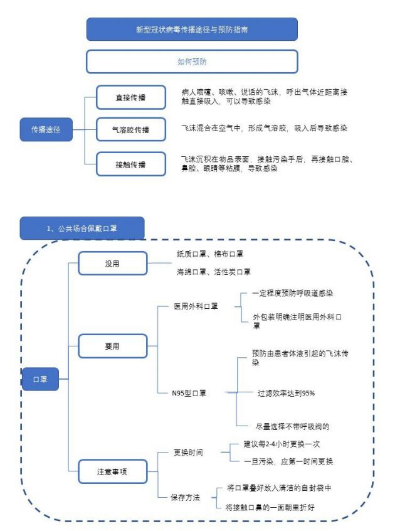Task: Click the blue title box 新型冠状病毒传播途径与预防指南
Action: click(x=192, y=29)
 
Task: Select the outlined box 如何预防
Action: click(x=192, y=62)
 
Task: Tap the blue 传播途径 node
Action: click(x=46, y=129)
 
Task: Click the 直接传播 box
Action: click(x=131, y=97)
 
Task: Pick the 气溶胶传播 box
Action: click(x=131, y=129)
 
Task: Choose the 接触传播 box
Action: click(x=131, y=164)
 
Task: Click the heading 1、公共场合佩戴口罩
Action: click(x=82, y=228)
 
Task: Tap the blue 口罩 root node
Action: click(x=40, y=379)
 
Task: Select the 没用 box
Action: click(x=113, y=264)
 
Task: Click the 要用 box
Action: click(x=113, y=346)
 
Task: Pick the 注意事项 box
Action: click(x=113, y=471)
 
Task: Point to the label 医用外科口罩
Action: click(x=196, y=306)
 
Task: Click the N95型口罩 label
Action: click(x=189, y=393)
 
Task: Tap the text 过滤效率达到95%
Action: click(x=286, y=393)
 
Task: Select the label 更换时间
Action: click(x=188, y=453)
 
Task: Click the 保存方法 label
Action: click(x=186, y=497)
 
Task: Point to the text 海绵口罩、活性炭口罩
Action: click(x=214, y=272)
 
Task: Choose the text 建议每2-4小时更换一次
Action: click(x=282, y=444)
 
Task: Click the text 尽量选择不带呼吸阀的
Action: click(x=293, y=426)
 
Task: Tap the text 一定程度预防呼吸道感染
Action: click(x=293, y=293)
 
